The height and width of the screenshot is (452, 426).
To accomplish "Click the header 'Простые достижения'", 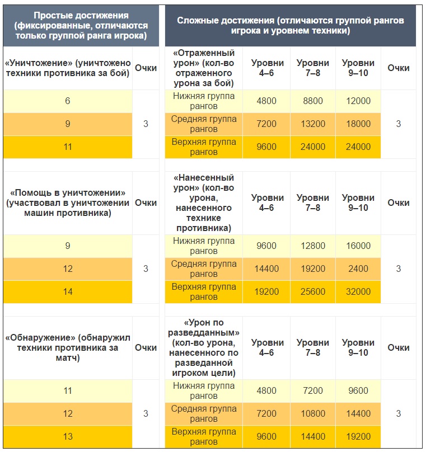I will [x=81, y=26].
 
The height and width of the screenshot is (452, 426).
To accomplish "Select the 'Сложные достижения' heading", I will [x=290, y=26].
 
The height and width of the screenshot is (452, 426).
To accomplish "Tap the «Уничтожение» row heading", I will [x=67, y=68].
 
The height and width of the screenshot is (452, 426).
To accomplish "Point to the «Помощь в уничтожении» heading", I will [x=67, y=203].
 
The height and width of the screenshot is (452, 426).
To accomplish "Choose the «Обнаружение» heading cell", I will [x=67, y=347].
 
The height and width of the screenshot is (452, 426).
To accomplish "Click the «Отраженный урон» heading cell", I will [x=203, y=68].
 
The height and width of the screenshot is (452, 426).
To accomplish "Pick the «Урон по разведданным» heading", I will [x=203, y=347].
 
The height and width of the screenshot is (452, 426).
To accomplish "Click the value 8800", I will [x=313, y=101].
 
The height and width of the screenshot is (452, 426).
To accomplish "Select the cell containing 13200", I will [x=313, y=124].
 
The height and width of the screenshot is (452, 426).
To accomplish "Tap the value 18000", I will [x=358, y=124].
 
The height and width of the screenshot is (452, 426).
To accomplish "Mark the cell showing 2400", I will [x=358, y=269].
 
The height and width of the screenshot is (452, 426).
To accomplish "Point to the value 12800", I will [x=313, y=246].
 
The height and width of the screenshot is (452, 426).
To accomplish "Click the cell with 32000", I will [x=358, y=292].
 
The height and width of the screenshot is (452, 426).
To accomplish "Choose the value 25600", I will [x=313, y=292].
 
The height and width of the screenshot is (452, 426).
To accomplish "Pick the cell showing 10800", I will [x=313, y=414].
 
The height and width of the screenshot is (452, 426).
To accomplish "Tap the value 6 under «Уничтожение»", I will [x=68, y=101].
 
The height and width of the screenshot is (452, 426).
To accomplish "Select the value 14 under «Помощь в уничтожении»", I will [x=68, y=292].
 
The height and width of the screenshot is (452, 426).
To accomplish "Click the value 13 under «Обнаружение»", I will [x=68, y=437].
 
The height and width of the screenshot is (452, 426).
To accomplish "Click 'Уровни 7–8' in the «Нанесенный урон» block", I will [x=313, y=203].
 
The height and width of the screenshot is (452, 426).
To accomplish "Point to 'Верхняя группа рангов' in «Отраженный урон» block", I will [x=203, y=147].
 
